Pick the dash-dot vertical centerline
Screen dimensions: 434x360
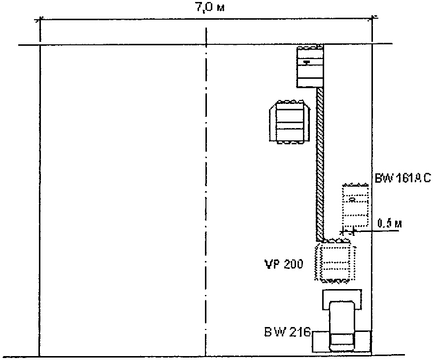(x=205, y=197)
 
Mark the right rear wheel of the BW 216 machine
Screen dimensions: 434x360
(x=364, y=341)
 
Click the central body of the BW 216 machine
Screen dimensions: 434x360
(x=342, y=325)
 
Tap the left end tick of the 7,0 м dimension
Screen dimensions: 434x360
(x=40, y=21)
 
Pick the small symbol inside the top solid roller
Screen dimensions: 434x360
(x=307, y=62)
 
